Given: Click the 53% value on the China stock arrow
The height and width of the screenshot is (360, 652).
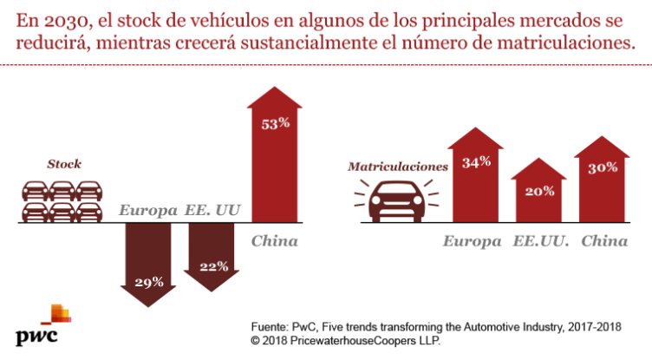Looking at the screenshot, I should coord(275,123).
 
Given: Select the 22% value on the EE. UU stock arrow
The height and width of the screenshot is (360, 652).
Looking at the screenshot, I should coord(212,265).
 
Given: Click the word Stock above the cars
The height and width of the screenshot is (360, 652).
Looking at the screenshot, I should coord(63,163).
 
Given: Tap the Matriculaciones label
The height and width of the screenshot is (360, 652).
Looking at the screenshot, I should coord(396,165).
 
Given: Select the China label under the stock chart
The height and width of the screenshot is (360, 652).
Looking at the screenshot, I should coord(274,240).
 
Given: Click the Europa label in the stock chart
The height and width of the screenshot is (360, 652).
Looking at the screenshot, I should coord(148,211).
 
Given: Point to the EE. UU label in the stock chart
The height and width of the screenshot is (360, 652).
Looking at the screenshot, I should coord(213,211).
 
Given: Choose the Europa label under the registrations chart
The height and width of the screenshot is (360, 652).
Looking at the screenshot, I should coord(473,240).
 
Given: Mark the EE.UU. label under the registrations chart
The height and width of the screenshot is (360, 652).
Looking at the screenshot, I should coord(541,240).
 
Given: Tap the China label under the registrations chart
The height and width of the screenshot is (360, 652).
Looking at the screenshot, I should coord(603,240).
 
